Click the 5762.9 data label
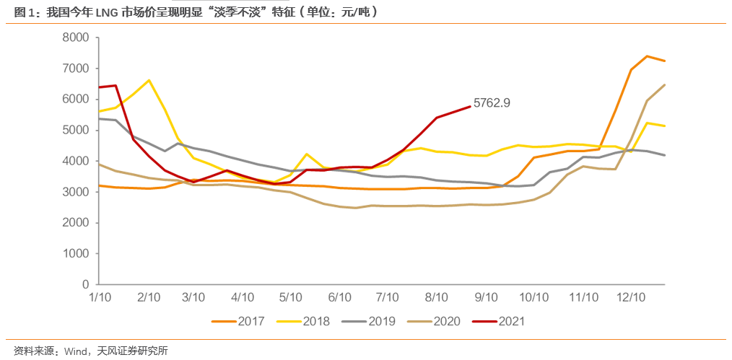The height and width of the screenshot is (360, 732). pos(492,102)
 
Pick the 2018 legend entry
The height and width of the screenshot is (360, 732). pos(315,321)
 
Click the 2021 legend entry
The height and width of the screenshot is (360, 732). pos(510,321)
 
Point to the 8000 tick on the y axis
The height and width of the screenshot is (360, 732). pos(75,38)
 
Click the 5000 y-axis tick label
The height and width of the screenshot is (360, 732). pos(75,131)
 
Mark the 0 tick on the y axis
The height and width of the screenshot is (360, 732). pos(84,285)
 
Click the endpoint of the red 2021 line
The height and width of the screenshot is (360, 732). pos(470,106)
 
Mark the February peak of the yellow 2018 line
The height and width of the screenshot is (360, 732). pos(149,80)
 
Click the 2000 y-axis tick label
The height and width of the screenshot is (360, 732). pos(75,223)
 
